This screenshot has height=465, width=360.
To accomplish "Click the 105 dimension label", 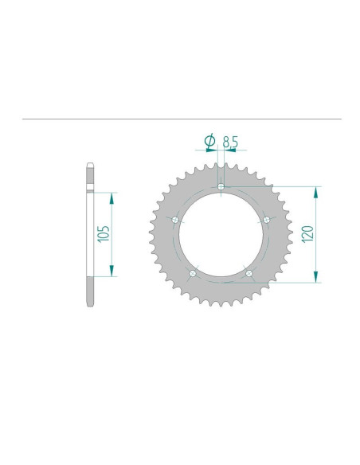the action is tap(104, 233).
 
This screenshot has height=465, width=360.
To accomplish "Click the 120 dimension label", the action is tap(307, 234).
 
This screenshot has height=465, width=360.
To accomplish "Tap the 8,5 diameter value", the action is tap(230, 142).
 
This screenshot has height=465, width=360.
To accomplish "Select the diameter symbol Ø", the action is tap(210, 141).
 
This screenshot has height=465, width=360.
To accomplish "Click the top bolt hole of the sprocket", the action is tap(221, 186).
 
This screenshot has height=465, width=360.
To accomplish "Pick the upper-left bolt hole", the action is tap(175, 220).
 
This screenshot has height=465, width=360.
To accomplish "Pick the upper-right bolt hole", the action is tap(267, 220).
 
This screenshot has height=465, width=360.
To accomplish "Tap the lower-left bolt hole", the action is tap(193, 273).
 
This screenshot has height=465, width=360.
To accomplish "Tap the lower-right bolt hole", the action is tap(249, 273).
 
